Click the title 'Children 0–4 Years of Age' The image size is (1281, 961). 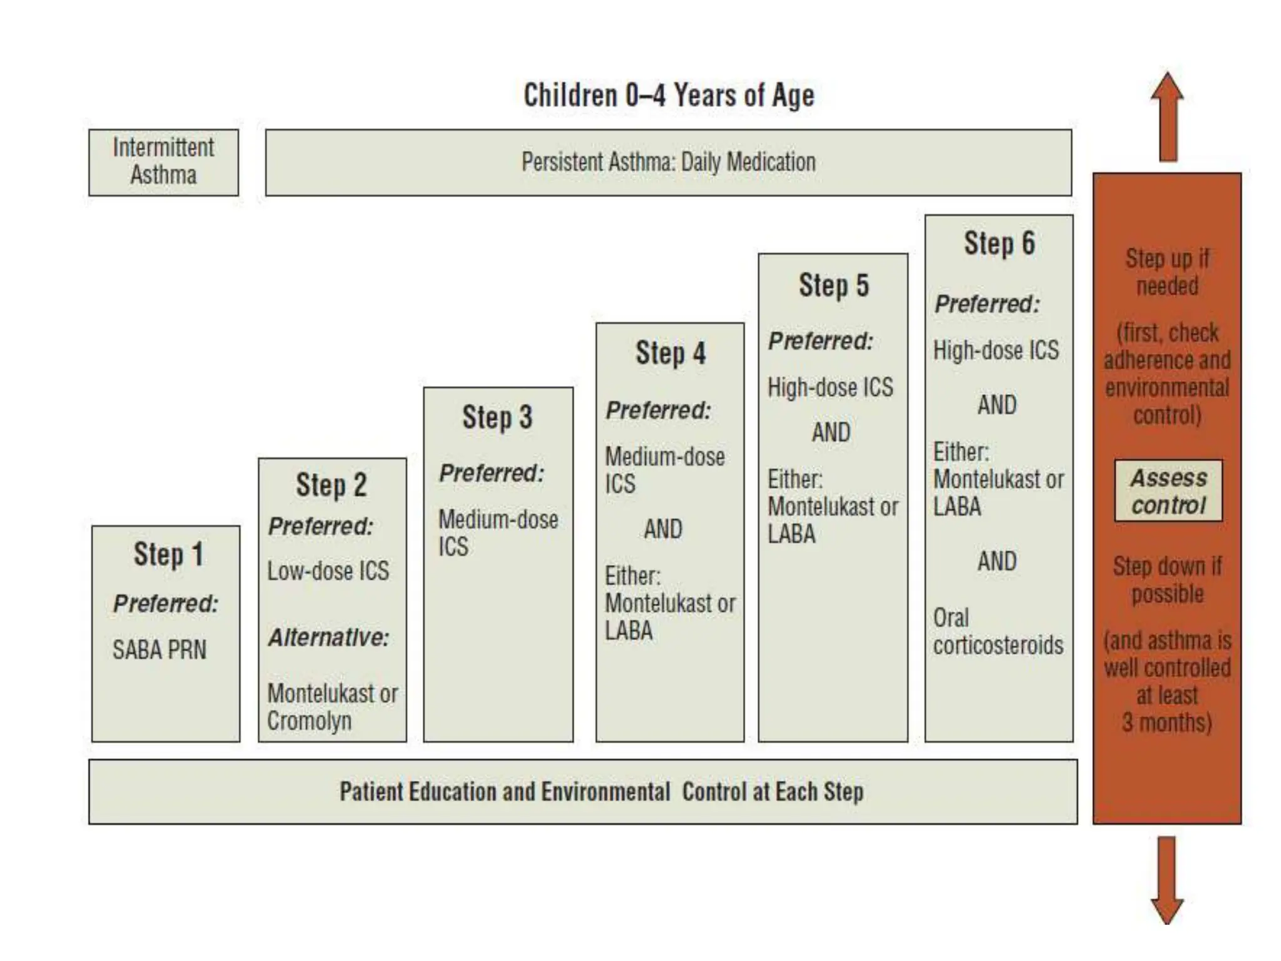point(669,96)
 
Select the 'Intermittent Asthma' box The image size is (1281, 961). point(163,162)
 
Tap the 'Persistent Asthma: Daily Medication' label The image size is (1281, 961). point(668,162)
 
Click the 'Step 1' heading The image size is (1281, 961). point(168,554)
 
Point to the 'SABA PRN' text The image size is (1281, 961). point(159,649)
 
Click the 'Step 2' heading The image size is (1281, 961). point(331,485)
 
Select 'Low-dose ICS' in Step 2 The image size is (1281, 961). point(328,571)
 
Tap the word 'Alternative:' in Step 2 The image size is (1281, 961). point(328,638)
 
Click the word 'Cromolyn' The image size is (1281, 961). point(309,721)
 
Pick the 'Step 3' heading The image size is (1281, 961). point(497,417)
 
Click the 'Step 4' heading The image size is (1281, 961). point(670,353)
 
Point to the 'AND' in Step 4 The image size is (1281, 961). point(663,529)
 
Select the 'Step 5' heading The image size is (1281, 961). point(833,285)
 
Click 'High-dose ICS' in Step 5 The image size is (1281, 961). point(830,387)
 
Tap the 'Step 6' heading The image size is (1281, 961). point(999,243)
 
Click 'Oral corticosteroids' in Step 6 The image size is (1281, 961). point(998,632)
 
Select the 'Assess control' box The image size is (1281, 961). point(1168,491)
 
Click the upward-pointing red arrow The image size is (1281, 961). point(1167,119)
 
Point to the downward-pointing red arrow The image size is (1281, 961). point(1167,879)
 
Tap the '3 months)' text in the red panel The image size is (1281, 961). point(1167,723)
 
